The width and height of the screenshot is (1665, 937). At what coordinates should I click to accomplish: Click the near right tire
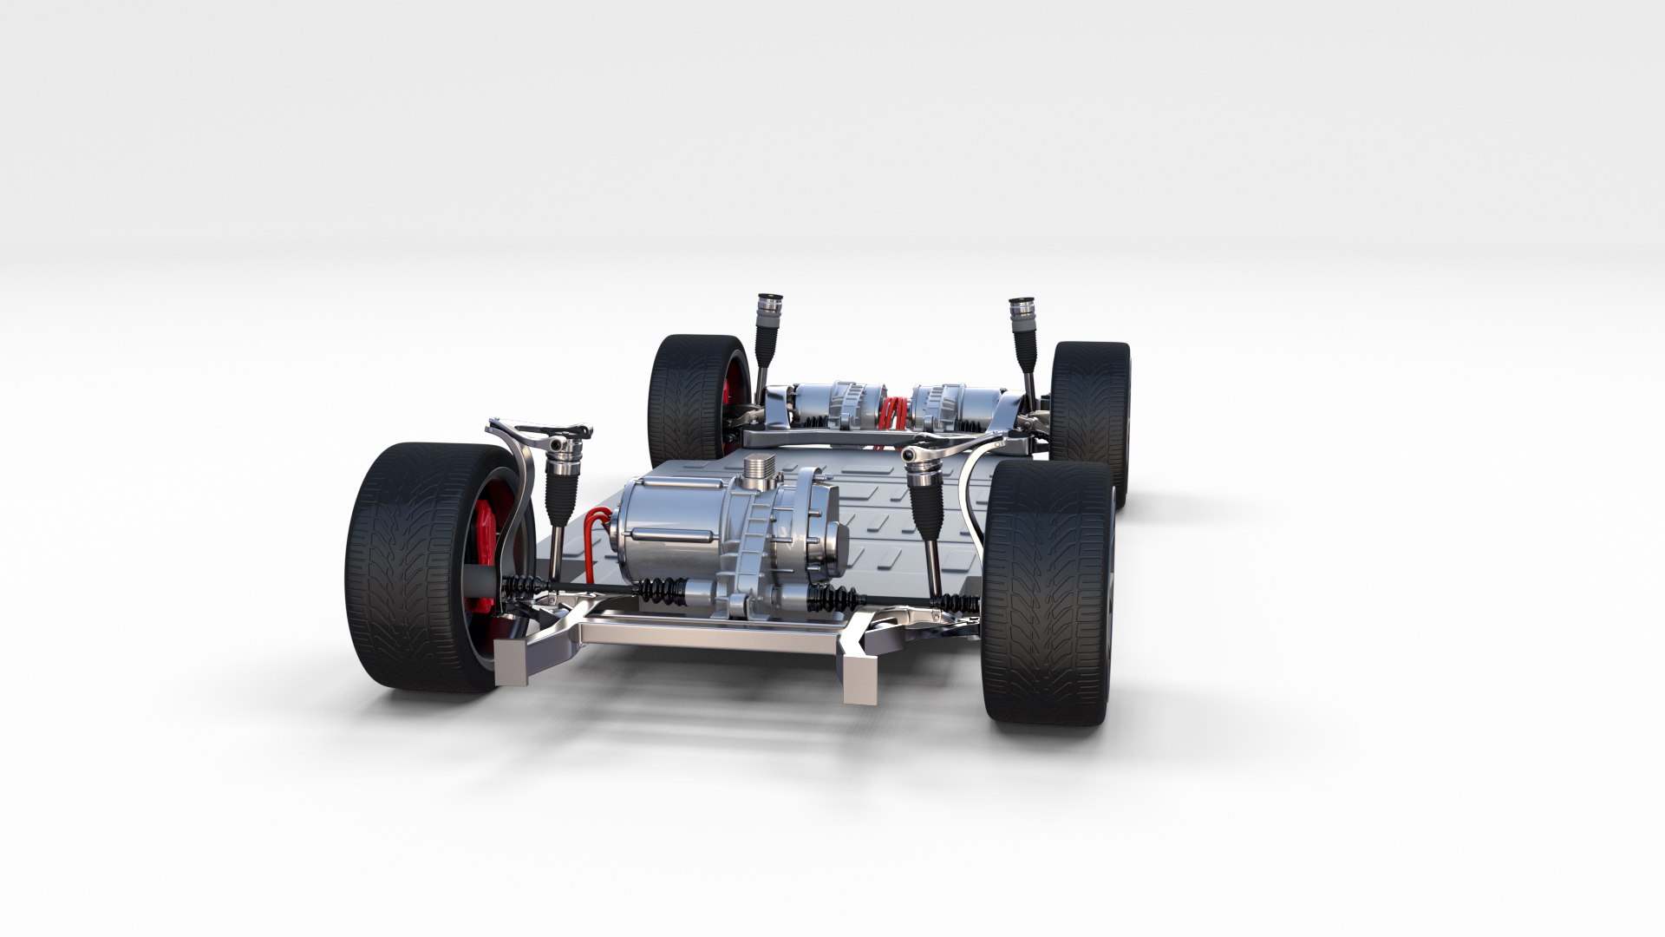pos(1049,599)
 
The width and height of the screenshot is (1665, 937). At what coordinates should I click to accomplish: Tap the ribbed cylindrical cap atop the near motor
pos(757,473)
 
